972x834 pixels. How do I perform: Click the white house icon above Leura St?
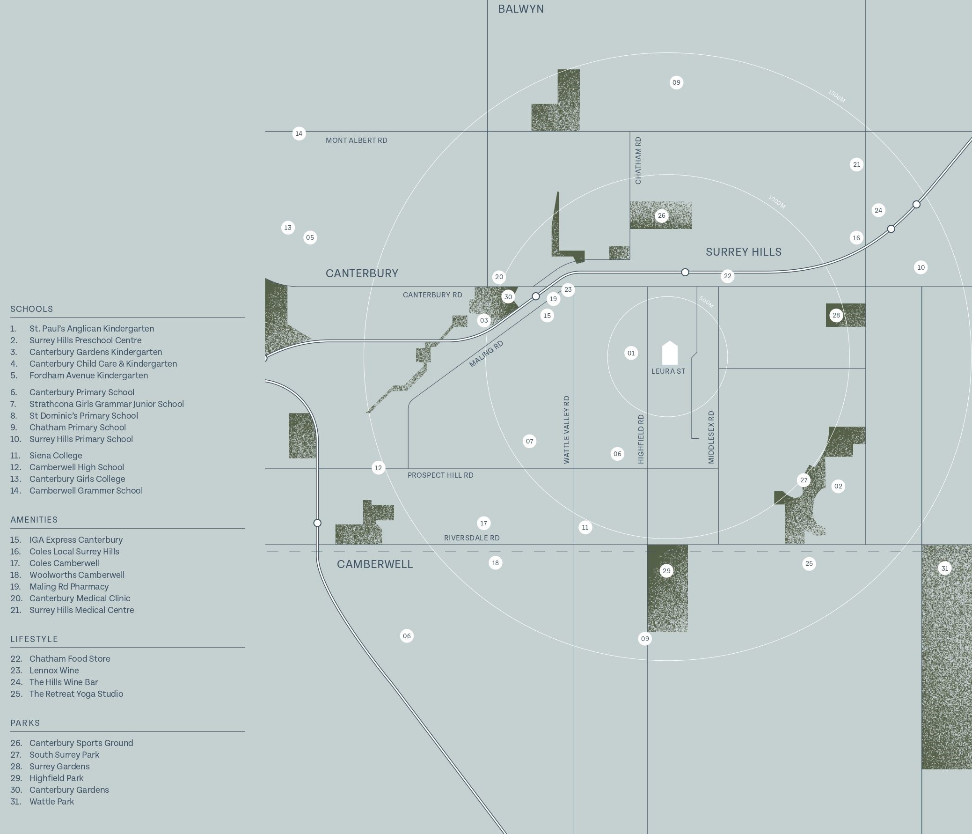[x=670, y=353]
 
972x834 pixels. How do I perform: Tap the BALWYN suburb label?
[x=521, y=9]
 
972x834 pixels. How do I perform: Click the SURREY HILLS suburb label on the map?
[x=744, y=252]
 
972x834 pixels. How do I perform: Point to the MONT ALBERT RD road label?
[x=357, y=140]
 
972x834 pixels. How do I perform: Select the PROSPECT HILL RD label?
[x=440, y=475]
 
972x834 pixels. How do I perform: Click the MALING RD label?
[x=486, y=354]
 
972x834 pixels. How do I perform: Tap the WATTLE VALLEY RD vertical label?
[x=567, y=430]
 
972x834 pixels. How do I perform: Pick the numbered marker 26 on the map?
[x=661, y=216]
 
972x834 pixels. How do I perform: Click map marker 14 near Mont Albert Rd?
[x=299, y=134]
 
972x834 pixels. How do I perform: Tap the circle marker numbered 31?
[x=945, y=568]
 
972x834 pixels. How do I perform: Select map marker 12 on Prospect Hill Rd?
[x=378, y=468]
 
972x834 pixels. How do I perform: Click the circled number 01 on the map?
[x=631, y=353]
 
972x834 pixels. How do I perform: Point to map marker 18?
[x=496, y=563]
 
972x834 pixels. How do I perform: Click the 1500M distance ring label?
[x=836, y=96]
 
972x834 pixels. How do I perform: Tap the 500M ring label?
[x=706, y=302]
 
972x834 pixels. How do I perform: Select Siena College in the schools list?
[x=56, y=456]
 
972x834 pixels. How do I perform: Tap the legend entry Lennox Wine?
[x=54, y=671]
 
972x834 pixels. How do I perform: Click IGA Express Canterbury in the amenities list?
[x=76, y=540]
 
